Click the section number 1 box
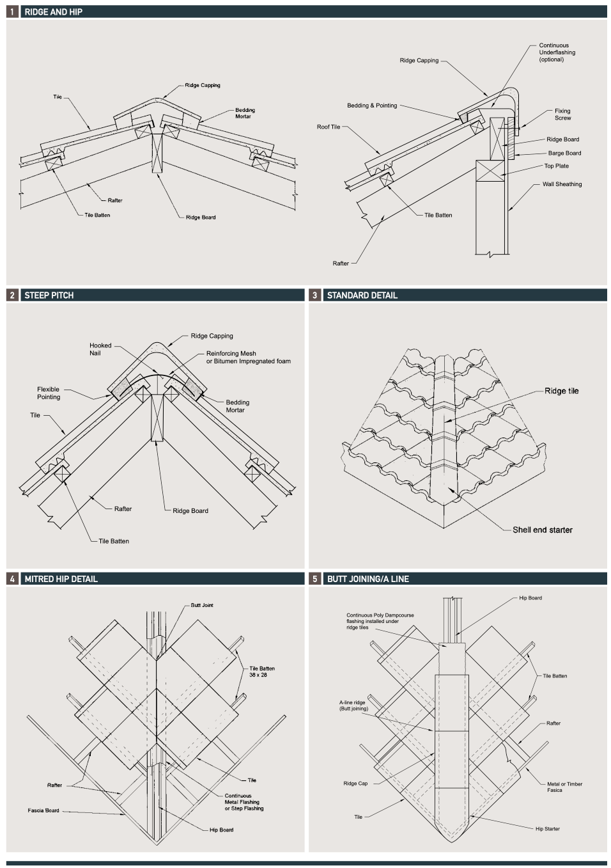point(12,12)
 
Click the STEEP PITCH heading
point(49,296)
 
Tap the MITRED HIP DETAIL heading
point(61,579)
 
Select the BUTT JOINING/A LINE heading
point(367,579)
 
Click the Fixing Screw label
point(562,114)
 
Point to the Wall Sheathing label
point(562,184)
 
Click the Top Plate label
point(556,166)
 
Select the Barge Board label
point(564,154)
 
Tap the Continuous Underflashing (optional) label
point(556,52)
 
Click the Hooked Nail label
point(100,349)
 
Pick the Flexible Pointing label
point(48,393)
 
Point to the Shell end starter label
point(542,530)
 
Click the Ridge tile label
point(561,391)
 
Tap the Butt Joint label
point(202,605)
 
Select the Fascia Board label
point(43,810)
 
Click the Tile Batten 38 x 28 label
point(262,672)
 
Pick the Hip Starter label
point(547,829)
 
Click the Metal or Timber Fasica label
point(564,787)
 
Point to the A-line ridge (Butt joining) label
point(353,706)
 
